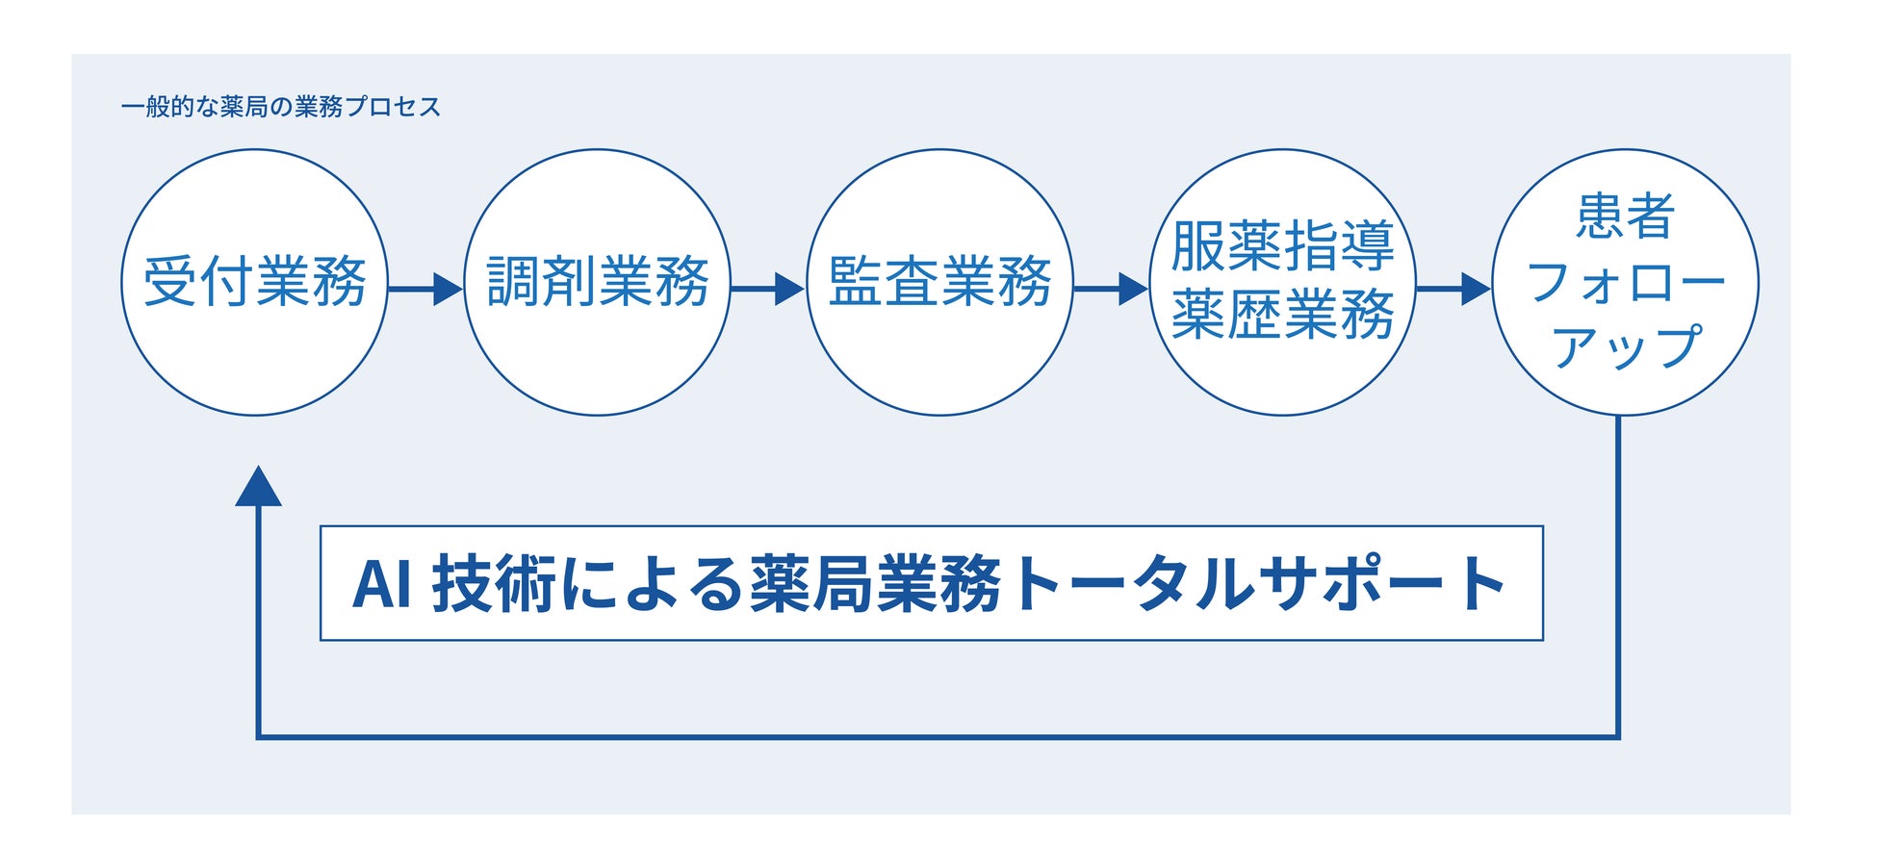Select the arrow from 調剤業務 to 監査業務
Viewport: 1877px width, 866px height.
[x=767, y=288]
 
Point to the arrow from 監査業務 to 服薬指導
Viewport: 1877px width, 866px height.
[x=1110, y=288]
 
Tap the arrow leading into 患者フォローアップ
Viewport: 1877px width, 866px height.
[x=1453, y=288]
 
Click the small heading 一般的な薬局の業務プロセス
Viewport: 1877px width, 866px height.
[x=281, y=107]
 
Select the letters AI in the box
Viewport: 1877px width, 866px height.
[x=381, y=584]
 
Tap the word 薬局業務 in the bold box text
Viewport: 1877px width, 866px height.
[x=876, y=584]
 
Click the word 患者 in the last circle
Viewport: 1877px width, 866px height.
[x=1625, y=216]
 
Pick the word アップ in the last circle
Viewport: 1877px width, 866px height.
[x=1625, y=346]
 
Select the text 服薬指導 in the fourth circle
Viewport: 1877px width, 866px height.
[x=1282, y=246]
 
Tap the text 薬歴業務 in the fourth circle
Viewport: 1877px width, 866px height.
[x=1282, y=315]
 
